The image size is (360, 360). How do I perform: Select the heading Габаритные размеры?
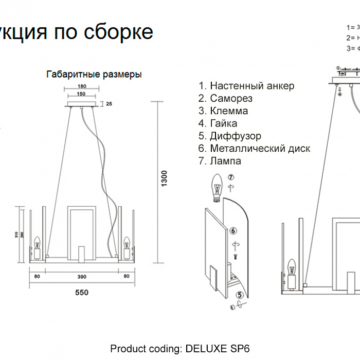pos(94,74)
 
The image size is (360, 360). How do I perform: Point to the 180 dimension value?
pos(81,86)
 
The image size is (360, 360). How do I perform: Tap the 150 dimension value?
pos(81,94)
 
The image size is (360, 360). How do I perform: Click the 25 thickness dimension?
pos(109,104)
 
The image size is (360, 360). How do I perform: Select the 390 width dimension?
pos(81,277)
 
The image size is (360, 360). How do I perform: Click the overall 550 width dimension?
pos(81,293)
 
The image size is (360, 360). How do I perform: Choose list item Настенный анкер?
pos(246,86)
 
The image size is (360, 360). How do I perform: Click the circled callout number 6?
pos(233,230)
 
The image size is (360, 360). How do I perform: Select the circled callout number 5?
pos(239,295)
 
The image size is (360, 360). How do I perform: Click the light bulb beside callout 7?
pos(217,188)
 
